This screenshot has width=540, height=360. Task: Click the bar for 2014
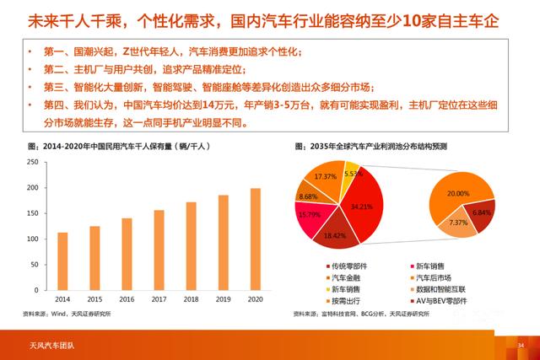click(x=62, y=261)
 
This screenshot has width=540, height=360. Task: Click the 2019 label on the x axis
click(x=223, y=298)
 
